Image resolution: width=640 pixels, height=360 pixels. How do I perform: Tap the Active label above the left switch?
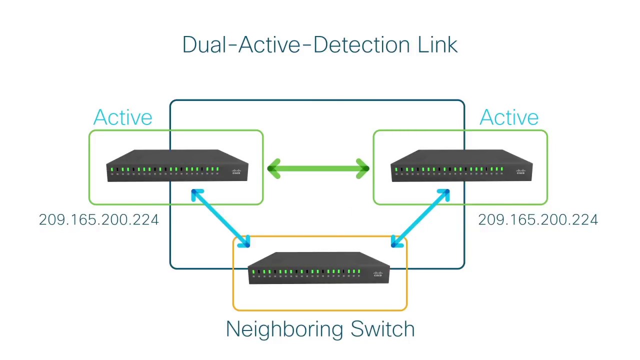122,117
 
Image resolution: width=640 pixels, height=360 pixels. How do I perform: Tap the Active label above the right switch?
508,117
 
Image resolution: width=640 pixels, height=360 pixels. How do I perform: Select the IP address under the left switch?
98,220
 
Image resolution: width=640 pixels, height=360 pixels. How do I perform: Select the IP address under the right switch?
538,220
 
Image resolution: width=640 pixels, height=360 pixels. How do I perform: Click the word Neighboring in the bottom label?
284,329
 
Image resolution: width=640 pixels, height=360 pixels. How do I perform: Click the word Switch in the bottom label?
382,329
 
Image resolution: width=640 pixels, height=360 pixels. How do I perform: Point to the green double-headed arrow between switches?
318,168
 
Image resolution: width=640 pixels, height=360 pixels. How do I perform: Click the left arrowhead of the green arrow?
274,168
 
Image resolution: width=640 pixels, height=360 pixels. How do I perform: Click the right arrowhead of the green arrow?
362,168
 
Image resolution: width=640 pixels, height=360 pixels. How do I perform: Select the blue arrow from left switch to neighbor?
220,218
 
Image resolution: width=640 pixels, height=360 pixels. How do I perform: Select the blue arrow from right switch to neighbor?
420,218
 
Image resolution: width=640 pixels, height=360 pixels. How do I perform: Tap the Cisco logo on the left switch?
236,172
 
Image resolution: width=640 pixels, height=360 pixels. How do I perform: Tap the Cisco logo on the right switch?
520,172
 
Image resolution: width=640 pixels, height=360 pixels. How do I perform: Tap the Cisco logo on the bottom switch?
378,274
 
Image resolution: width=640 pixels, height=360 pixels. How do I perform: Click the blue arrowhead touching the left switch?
196,194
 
